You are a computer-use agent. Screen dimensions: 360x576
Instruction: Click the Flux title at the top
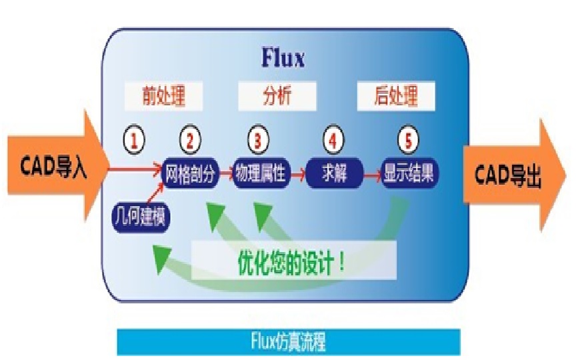(x=282, y=59)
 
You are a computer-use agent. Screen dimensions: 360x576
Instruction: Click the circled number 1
(x=135, y=140)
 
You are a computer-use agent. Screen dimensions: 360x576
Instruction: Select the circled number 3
(x=258, y=140)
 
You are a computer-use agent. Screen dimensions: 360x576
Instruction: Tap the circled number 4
(x=333, y=140)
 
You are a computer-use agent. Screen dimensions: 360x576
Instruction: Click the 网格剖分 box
(x=191, y=174)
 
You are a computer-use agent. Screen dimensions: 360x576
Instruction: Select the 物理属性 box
(x=260, y=174)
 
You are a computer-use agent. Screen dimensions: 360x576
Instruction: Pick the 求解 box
(x=335, y=174)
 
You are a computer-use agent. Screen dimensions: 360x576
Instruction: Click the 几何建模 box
(x=141, y=217)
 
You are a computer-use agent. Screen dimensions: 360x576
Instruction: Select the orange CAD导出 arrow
(x=510, y=175)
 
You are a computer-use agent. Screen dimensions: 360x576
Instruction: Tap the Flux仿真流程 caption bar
(x=288, y=343)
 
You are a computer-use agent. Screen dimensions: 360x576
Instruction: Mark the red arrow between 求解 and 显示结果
(x=372, y=175)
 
